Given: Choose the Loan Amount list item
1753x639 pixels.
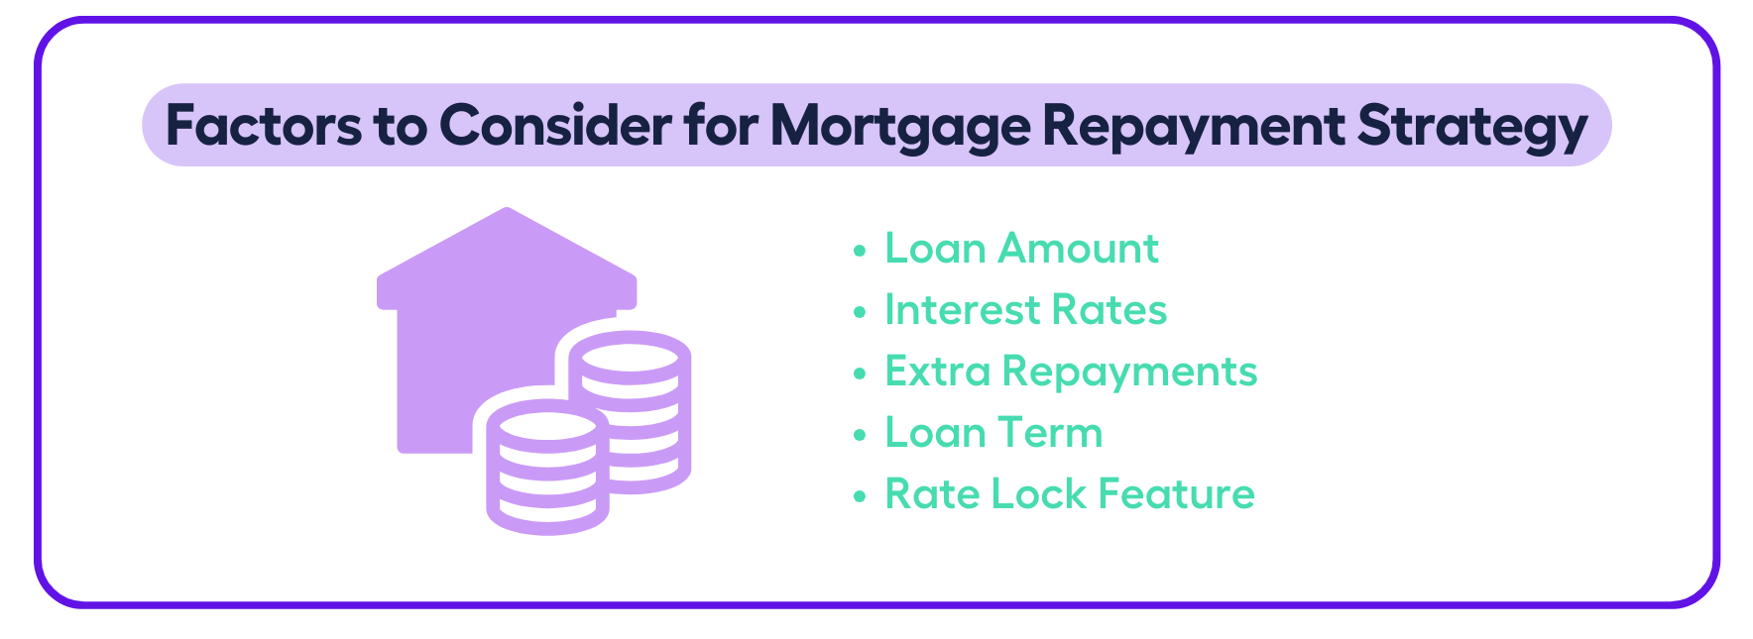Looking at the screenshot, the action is pos(1021,249).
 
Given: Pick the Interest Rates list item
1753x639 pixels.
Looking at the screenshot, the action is pos(1025,310).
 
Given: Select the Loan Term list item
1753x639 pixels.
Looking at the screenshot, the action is pos(993,433).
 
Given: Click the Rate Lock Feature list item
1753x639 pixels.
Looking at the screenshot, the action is pos(1070,494).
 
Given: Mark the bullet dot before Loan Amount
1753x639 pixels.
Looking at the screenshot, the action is pos(860,251).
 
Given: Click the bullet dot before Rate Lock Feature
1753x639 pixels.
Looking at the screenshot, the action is pos(860,496).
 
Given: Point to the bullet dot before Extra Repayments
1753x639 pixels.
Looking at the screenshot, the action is pos(860,373).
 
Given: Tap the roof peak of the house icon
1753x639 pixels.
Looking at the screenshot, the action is pos(507,208).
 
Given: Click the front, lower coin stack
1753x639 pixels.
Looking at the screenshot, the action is pos(547,468).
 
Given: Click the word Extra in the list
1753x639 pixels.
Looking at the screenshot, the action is pos(937,372).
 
